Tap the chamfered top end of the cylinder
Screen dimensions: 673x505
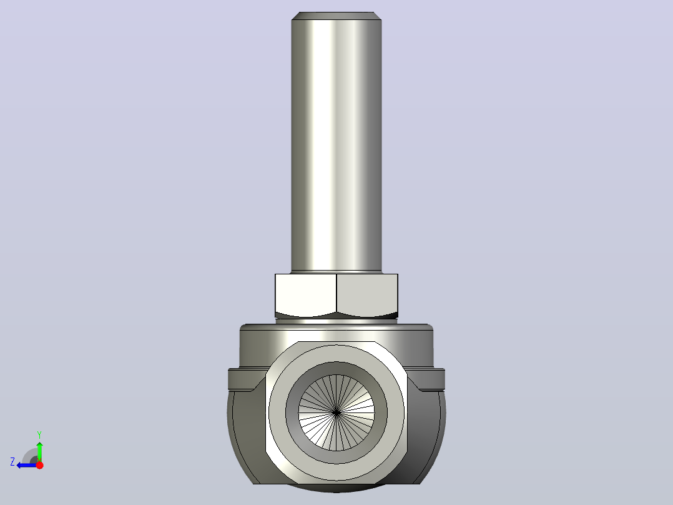[x=336, y=16]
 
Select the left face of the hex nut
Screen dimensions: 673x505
[x=306, y=294]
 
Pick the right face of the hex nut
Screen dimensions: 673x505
[x=367, y=294]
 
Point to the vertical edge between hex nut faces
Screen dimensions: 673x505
[x=336, y=294]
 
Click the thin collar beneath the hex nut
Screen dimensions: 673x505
[x=336, y=321]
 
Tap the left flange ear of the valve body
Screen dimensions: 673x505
[x=245, y=379]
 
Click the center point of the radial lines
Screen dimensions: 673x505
[x=336, y=412]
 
